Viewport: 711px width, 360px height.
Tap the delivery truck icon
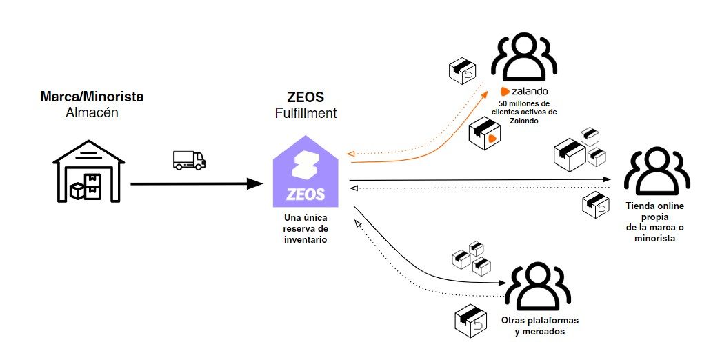coord(189,160)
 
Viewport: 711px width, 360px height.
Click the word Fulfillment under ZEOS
coord(306,112)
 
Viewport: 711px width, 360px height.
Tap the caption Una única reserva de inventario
coord(306,228)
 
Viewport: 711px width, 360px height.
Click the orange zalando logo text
coord(524,91)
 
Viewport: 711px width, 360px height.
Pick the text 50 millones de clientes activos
coord(524,111)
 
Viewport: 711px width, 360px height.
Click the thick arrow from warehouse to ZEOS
coord(197,183)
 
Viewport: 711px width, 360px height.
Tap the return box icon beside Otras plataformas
coord(471,321)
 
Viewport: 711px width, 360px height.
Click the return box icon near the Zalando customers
coord(463,70)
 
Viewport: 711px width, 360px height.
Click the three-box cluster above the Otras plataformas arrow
coord(471,257)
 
